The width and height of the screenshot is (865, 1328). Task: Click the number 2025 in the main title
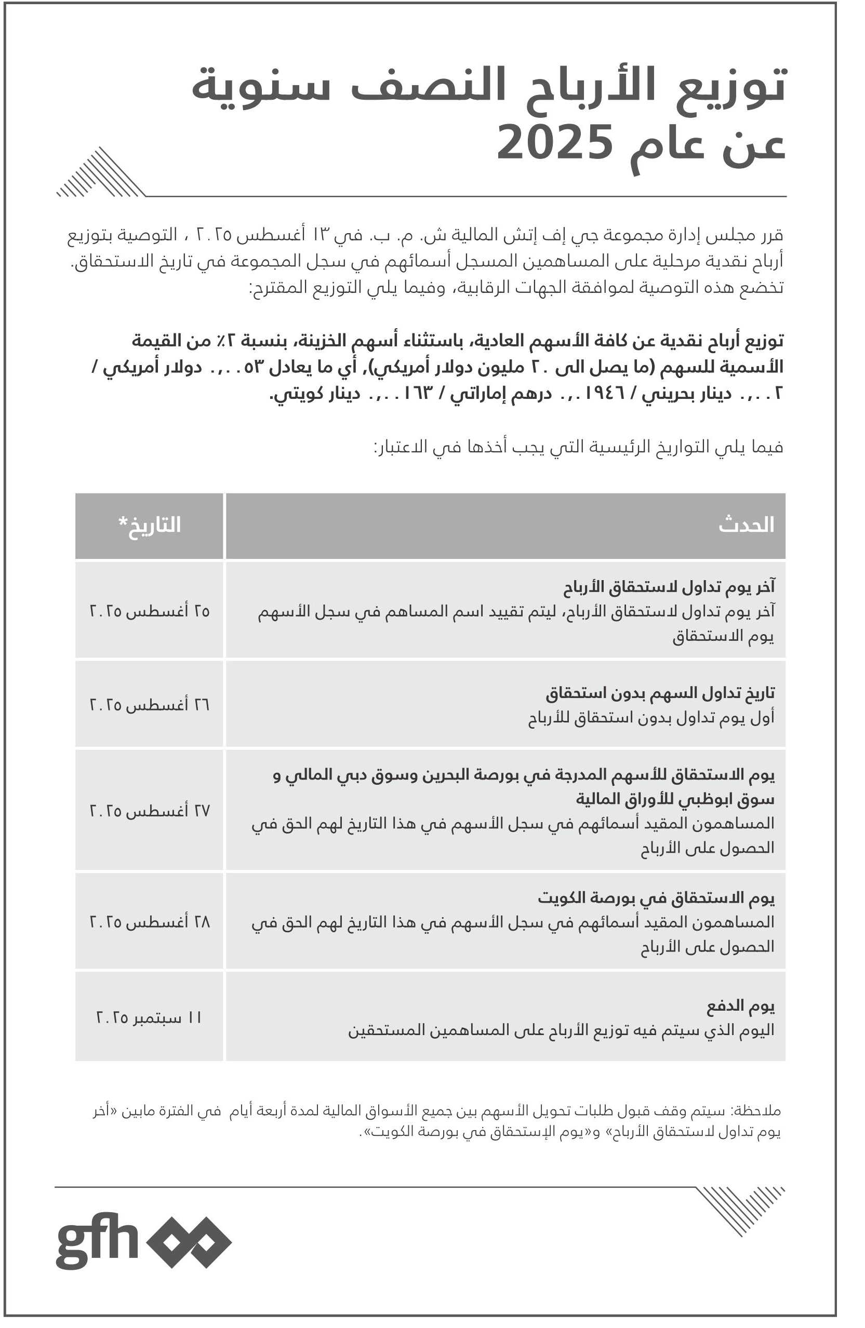[555, 143]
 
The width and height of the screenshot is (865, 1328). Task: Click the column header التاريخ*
[150, 525]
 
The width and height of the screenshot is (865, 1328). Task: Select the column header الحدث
[746, 525]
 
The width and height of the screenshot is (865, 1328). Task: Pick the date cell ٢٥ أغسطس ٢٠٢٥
[150, 611]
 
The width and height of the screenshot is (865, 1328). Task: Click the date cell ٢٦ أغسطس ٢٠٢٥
[150, 705]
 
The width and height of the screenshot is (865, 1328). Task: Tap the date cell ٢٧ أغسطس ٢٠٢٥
[150, 810]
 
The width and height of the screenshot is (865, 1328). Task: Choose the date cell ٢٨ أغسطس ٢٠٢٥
[150, 921]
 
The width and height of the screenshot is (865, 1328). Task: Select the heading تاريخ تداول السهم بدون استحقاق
[660, 693]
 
